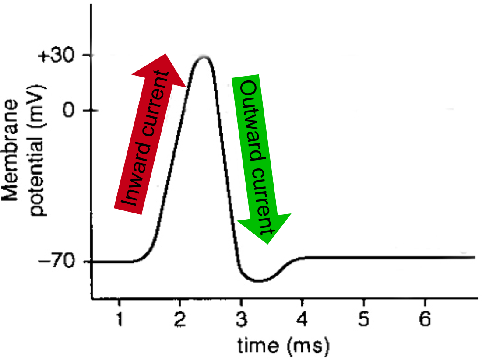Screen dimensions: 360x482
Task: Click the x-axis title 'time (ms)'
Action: pyautogui.click(x=283, y=346)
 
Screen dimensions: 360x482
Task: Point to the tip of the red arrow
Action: pyautogui.click(x=165, y=55)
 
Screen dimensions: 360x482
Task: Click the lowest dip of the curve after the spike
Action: pyautogui.click(x=259, y=280)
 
